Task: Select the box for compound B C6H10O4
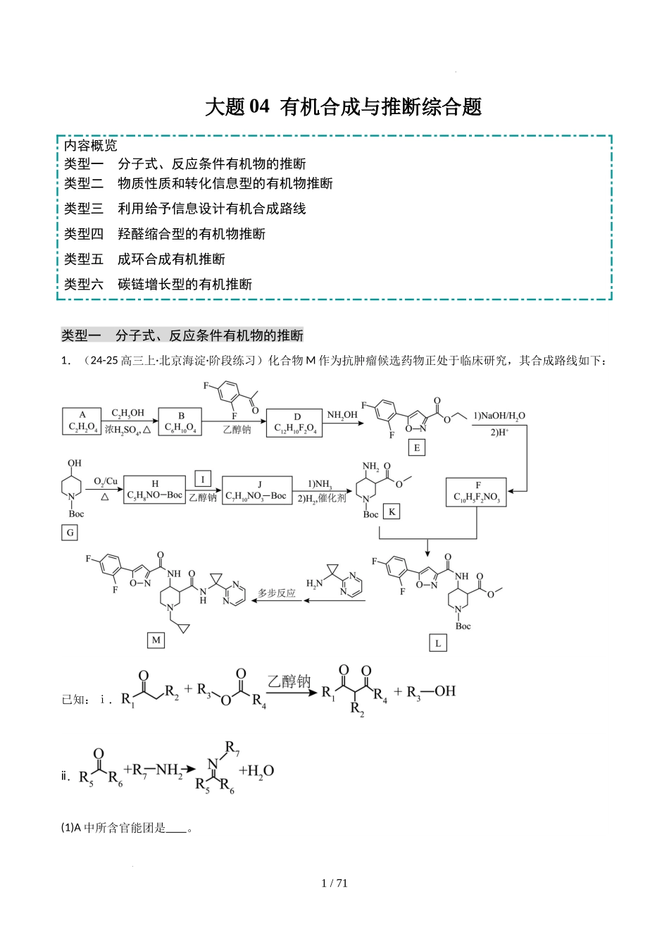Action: pos(181,421)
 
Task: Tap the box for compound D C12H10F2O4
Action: pos(294,423)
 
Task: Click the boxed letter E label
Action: pos(417,447)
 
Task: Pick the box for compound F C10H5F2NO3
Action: pos(477,492)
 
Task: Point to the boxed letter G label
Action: pos(70,533)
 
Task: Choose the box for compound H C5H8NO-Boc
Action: pos(154,490)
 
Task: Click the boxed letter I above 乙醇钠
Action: pos(203,479)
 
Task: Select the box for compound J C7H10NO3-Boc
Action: pos(257,490)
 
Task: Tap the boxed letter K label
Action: pos(392,512)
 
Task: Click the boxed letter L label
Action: pos(438,643)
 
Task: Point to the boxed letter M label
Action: pos(156,640)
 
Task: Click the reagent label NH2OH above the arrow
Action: pos(342,415)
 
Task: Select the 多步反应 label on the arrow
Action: pos(277,593)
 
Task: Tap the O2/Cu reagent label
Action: pos(106,481)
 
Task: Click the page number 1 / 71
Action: pos(334,883)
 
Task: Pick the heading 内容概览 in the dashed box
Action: pos(90,146)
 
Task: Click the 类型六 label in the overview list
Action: pos(83,284)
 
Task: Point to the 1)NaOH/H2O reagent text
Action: pos(499,416)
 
